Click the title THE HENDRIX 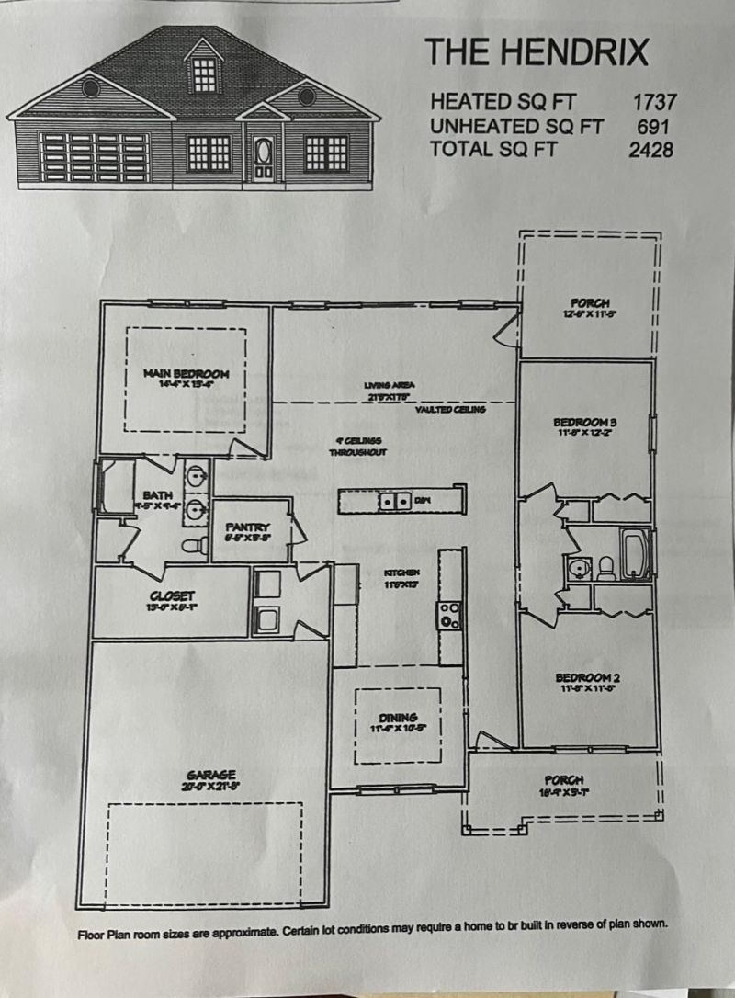tap(536, 52)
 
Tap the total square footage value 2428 tap(651, 150)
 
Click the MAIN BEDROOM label tap(186, 374)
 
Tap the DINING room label tap(398, 718)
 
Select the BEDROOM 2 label tap(589, 678)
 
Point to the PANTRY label tap(246, 527)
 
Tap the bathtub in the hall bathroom tap(636, 555)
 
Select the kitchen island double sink tap(395, 501)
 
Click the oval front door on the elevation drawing tap(264, 150)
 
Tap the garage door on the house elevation tap(95, 152)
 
